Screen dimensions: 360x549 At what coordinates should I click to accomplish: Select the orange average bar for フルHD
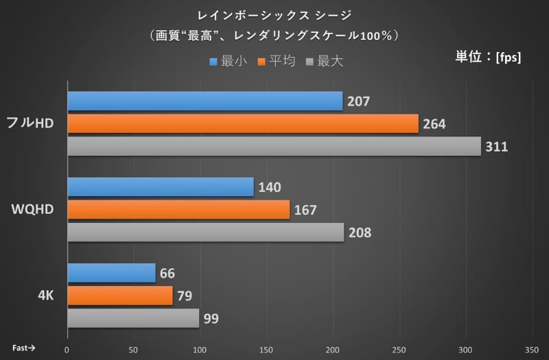pos(243,124)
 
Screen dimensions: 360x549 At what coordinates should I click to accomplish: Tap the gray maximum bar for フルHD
pos(274,147)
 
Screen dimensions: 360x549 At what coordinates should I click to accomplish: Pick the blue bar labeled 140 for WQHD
pos(161,187)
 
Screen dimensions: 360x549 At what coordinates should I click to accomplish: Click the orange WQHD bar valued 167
pos(178,210)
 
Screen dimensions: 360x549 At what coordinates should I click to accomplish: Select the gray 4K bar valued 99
pos(133,318)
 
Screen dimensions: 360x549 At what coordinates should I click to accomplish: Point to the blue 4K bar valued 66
pos(111,273)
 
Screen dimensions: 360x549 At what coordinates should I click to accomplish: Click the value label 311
pos(496,147)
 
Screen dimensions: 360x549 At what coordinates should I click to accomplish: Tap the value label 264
pos(434,124)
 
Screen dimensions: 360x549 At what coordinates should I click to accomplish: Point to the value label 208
pos(360,232)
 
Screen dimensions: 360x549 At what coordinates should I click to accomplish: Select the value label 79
pos(185,296)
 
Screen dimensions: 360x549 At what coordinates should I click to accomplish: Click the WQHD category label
pos(33,210)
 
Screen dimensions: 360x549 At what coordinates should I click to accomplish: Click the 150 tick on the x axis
pos(267,350)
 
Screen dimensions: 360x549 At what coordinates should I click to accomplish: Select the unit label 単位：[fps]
pos(488,57)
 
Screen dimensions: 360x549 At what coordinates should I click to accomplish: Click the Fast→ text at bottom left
pos(23,348)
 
